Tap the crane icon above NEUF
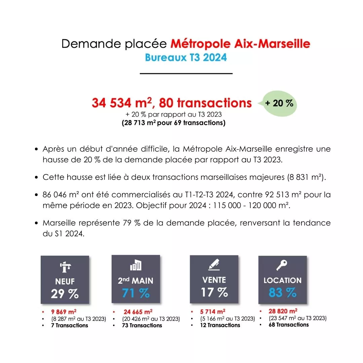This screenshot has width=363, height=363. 65,267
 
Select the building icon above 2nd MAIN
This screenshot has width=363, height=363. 135,266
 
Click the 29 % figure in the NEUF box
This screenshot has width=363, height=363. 65,294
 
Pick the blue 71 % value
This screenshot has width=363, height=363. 136,293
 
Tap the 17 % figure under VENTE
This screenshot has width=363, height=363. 214,292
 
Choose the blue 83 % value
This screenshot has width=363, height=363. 282,292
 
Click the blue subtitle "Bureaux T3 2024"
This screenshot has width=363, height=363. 186,57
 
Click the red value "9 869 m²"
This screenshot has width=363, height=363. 64,312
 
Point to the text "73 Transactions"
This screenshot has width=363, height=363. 142,325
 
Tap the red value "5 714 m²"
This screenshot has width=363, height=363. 213,312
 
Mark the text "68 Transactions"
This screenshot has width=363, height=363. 289,325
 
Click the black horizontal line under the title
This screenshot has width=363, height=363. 186,73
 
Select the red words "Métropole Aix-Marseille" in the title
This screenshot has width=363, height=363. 240,44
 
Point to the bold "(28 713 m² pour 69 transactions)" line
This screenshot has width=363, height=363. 173,123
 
